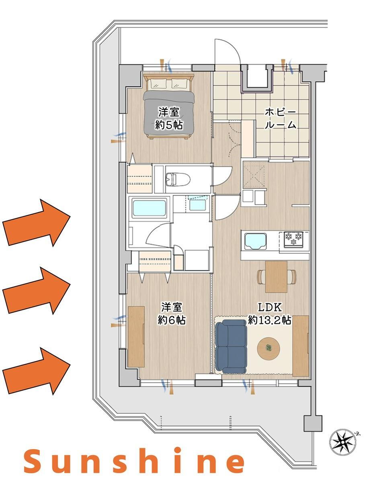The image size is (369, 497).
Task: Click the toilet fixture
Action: tap(178, 179)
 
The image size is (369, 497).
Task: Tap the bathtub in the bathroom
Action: tap(149, 209)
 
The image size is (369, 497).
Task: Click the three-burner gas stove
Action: tap(293, 239)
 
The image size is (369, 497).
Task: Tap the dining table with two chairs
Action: tap(276, 277)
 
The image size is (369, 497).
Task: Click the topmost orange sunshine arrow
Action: tap(36, 223)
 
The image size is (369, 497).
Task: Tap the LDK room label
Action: tap(270, 307)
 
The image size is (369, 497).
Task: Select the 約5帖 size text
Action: tap(169, 125)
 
